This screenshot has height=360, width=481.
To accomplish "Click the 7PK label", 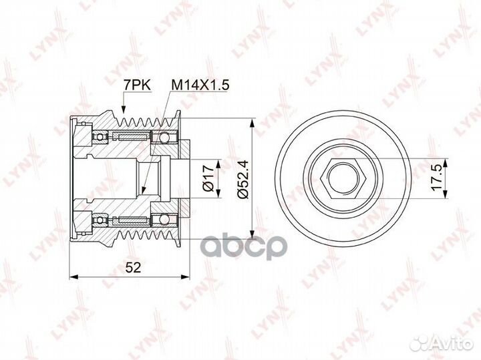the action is pyautogui.click(x=137, y=85).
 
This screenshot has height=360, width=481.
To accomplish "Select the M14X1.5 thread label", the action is pyautogui.click(x=200, y=85).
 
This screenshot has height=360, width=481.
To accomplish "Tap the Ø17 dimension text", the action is pyautogui.click(x=208, y=178).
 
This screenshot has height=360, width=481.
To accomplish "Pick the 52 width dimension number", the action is pyautogui.click(x=134, y=268).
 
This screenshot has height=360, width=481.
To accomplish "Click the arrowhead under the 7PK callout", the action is pyautogui.click(x=124, y=110).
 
